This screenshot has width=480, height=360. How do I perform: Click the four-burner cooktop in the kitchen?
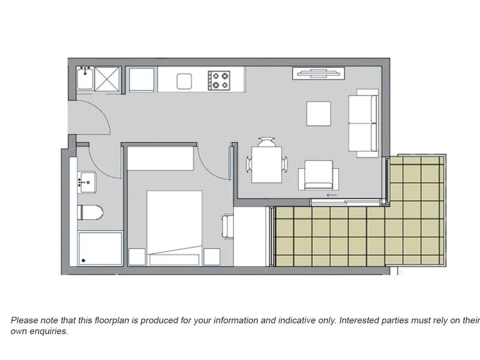click(x=220, y=80)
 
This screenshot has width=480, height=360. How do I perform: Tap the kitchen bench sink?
click(x=184, y=80)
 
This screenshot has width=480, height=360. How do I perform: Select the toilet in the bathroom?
click(x=90, y=212)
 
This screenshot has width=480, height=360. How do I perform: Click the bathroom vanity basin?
click(x=87, y=181)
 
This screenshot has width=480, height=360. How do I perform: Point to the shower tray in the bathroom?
click(x=100, y=248)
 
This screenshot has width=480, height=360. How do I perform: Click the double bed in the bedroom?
click(x=174, y=227)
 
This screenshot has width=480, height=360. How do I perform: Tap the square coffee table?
click(x=319, y=113)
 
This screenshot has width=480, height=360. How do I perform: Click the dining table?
click(x=267, y=164)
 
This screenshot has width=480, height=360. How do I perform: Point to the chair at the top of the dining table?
click(x=267, y=142)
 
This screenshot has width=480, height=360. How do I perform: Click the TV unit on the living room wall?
click(x=319, y=73)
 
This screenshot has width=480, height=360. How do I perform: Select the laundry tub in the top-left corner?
click(x=85, y=79)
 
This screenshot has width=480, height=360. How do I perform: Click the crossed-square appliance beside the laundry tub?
click(x=107, y=79)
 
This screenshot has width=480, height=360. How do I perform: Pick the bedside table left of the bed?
click(x=137, y=257)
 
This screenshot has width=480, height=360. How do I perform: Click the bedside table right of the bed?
click(x=211, y=257)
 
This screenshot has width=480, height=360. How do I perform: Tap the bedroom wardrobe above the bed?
click(x=160, y=159)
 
